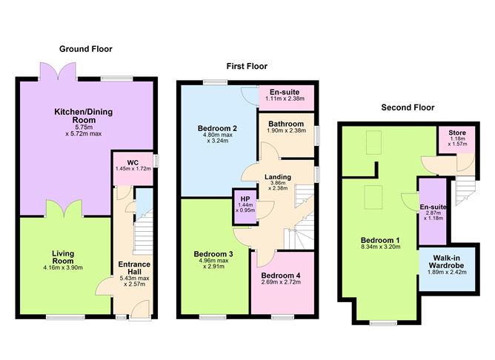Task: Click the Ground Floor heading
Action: click(85, 49)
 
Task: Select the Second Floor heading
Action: click(406, 107)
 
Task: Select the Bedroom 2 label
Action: click(216, 129)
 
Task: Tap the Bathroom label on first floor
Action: click(286, 124)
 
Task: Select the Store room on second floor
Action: click(451, 139)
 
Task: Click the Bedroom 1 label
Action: click(380, 241)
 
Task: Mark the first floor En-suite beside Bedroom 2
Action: click(284, 95)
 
